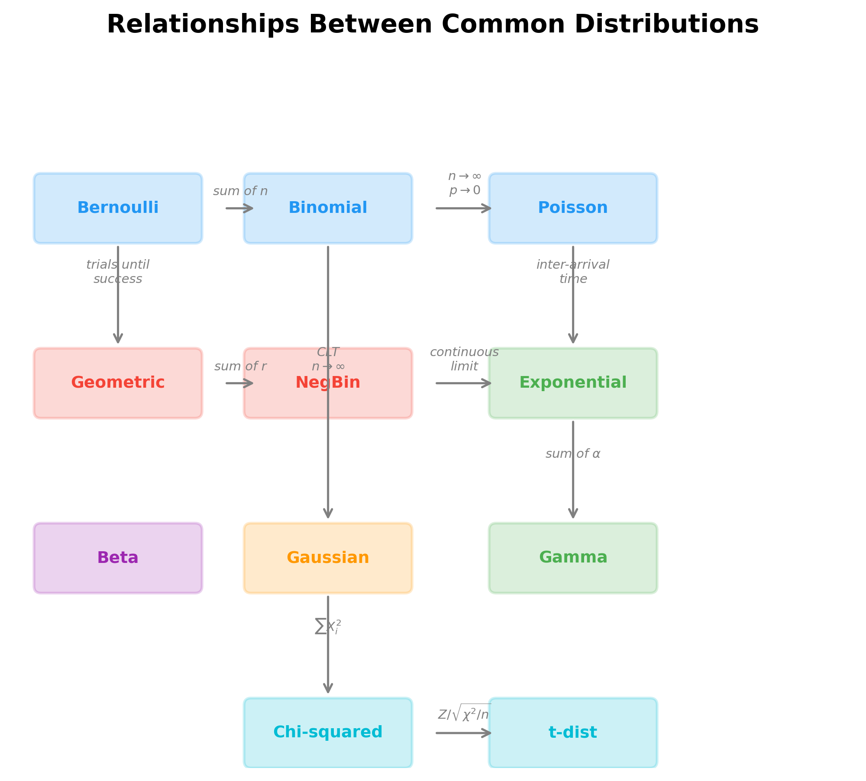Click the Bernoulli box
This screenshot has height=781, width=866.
(118, 208)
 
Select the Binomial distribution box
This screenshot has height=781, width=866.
(328, 208)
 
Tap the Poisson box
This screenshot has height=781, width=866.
(573, 208)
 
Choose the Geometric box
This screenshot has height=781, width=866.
(118, 383)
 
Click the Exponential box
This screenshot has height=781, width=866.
(573, 383)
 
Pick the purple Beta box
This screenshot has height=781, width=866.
(118, 558)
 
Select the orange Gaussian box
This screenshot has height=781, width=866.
(328, 558)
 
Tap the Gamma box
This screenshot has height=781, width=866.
(573, 558)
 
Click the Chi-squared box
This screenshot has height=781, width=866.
(328, 733)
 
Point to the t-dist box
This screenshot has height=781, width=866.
(573, 733)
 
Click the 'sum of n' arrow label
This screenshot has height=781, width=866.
(240, 191)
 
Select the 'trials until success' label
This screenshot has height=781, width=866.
(118, 272)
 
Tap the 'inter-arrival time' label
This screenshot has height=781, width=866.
(573, 272)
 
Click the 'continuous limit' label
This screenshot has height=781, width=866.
(464, 359)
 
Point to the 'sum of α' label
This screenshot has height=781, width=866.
(573, 454)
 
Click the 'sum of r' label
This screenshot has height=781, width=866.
(240, 366)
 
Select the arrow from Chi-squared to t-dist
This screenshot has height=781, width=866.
(463, 733)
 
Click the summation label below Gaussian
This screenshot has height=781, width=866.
(328, 627)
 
